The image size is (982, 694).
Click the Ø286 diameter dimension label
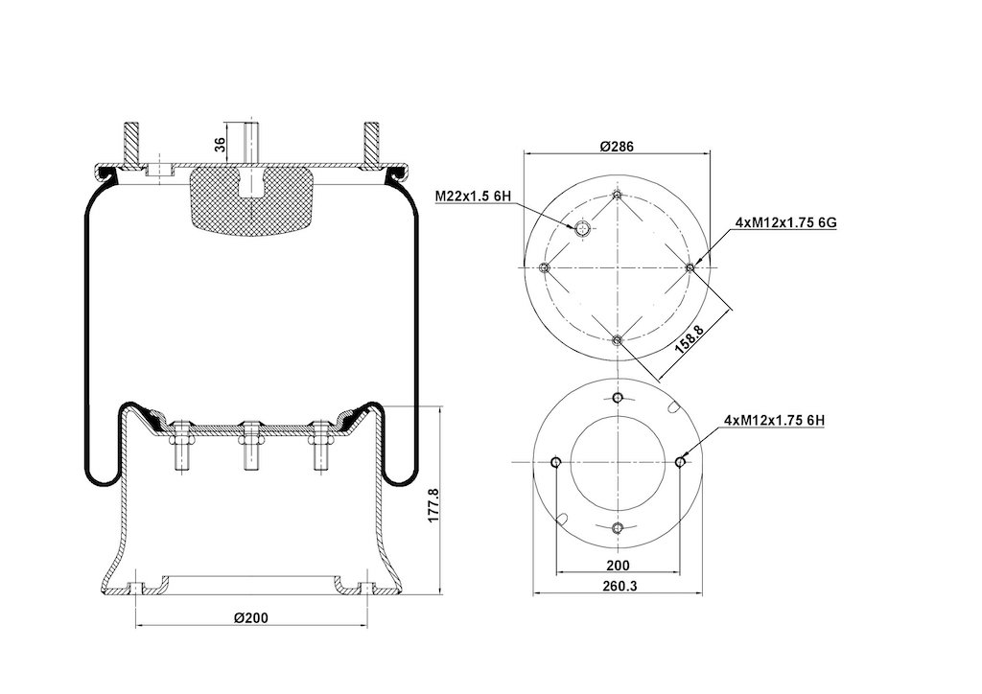point(617,147)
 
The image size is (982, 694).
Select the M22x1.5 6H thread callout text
point(473,197)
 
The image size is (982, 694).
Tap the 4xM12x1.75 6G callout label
point(786,222)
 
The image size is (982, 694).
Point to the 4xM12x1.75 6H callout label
point(774,421)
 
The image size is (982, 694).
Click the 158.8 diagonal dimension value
point(689,338)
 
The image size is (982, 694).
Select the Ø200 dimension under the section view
point(251,617)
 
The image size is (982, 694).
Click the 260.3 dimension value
point(618,586)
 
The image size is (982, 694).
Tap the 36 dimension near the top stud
point(220,145)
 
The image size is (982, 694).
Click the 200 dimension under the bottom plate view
point(618,566)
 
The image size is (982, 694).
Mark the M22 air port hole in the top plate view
point(582,228)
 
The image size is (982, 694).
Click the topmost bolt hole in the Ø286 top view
point(618,196)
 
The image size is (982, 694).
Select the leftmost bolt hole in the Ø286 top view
point(545,267)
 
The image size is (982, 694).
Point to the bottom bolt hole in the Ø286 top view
point(618,340)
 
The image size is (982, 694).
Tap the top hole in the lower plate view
point(619,398)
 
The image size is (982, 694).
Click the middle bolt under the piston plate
point(251,446)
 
